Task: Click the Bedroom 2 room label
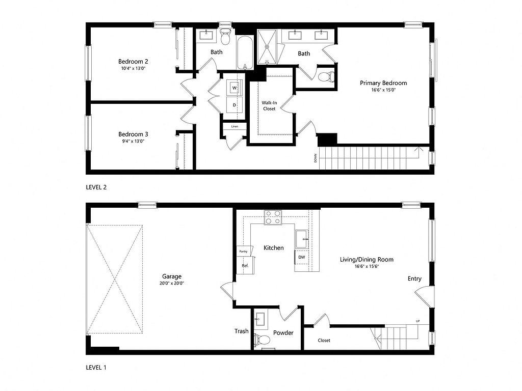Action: pos(133,62)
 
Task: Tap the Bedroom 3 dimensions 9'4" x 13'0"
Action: pos(133,141)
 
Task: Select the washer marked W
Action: pos(234,88)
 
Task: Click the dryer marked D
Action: pos(234,105)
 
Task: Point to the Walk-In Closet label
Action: pos(269,106)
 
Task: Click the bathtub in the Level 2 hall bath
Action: pos(245,52)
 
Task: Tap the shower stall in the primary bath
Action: pos(267,47)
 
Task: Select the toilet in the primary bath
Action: pos(326,77)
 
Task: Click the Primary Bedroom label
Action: pos(383,83)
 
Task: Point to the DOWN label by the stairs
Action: pos(315,158)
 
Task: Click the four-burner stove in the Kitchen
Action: pos(273,217)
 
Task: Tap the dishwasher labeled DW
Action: pos(302,257)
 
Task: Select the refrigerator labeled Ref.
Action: pos(245,265)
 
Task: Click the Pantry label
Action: pos(243,252)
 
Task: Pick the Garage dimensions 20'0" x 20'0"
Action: pos(172,283)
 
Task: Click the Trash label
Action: pos(241,331)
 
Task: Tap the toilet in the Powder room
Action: pos(262,340)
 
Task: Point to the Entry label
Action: pos(414,279)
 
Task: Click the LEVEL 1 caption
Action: pos(96,368)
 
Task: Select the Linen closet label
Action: pos(234,126)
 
